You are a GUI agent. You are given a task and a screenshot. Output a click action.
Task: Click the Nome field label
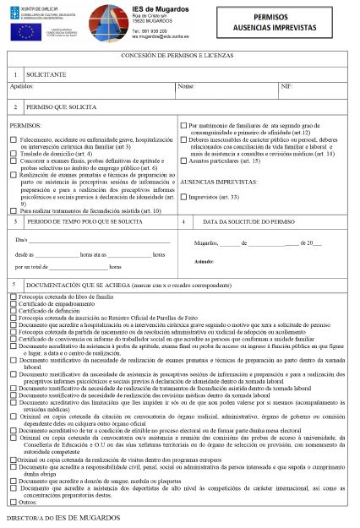[x=186, y=86]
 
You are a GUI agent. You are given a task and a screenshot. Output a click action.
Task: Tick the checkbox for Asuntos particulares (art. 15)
[x=183, y=161]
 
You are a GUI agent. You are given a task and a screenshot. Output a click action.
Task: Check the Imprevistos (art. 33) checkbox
[x=183, y=197]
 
